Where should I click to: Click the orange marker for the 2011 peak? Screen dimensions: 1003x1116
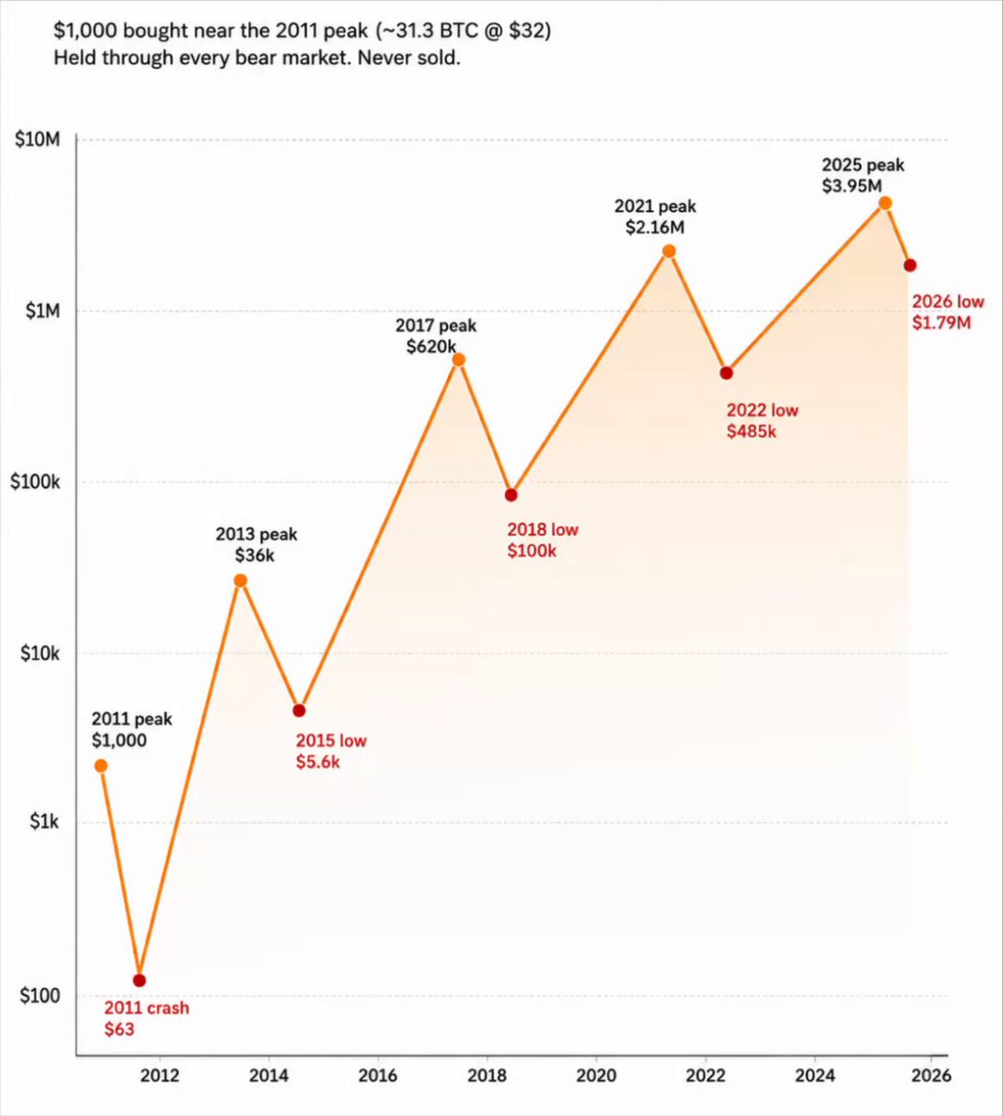click(100, 766)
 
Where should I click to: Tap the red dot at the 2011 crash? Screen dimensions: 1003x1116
click(139, 981)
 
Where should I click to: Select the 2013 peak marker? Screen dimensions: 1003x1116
click(241, 581)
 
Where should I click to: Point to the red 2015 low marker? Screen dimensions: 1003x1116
click(299, 711)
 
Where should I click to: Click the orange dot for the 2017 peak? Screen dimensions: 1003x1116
click(458, 360)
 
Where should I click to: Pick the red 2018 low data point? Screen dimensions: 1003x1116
click(511, 495)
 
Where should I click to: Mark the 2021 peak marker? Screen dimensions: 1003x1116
click(669, 251)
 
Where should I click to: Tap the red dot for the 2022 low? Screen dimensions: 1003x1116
click(726, 373)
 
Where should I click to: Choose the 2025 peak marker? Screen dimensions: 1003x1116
click(885, 204)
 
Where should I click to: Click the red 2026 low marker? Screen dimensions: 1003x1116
click(910, 266)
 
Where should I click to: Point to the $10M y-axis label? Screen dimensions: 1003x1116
click(37, 139)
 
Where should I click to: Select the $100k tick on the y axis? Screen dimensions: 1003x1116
click(34, 482)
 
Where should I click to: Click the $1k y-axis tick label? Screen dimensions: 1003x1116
click(44, 821)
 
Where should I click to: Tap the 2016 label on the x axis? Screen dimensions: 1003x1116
click(377, 1075)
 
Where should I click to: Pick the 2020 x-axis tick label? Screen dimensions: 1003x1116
click(597, 1075)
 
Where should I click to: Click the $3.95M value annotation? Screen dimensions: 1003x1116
click(852, 186)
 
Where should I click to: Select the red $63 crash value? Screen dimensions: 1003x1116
click(120, 1030)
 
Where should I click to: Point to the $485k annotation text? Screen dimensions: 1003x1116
click(752, 432)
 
